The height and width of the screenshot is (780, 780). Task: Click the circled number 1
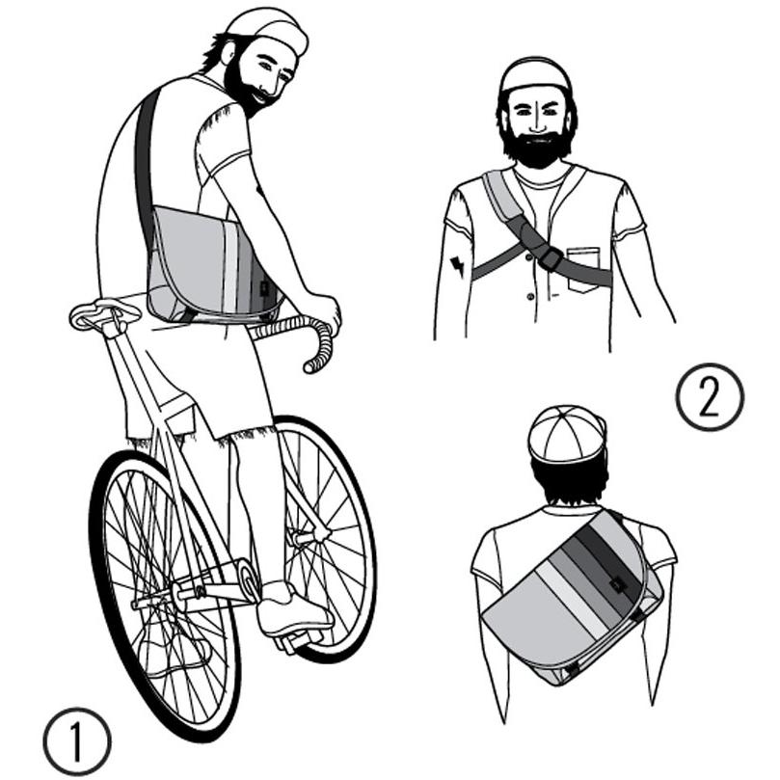[76, 741]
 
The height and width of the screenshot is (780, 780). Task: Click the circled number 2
[710, 396]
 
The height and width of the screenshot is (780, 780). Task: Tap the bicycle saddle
[104, 313]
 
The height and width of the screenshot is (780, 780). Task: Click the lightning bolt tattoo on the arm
[457, 266]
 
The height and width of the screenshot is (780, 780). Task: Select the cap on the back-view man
[566, 433]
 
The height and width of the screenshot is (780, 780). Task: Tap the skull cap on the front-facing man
[536, 74]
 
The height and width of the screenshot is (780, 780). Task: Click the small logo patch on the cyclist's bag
[263, 288]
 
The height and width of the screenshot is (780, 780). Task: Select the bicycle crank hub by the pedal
[248, 577]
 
